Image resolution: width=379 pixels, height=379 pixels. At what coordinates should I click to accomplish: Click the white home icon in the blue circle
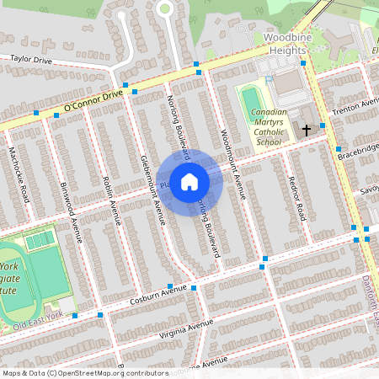(189, 181)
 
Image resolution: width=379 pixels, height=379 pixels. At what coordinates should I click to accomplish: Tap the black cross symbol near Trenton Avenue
(307, 131)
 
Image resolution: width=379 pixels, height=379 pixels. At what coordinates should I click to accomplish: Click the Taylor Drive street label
(31, 61)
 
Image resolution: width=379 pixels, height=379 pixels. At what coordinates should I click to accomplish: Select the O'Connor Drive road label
(93, 101)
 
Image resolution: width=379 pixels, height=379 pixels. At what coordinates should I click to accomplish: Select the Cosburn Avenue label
(157, 295)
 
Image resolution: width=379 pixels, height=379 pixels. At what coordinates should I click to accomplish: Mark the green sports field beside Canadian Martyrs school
(252, 101)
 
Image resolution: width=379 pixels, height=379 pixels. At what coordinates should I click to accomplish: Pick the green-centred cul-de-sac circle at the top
(165, 8)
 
